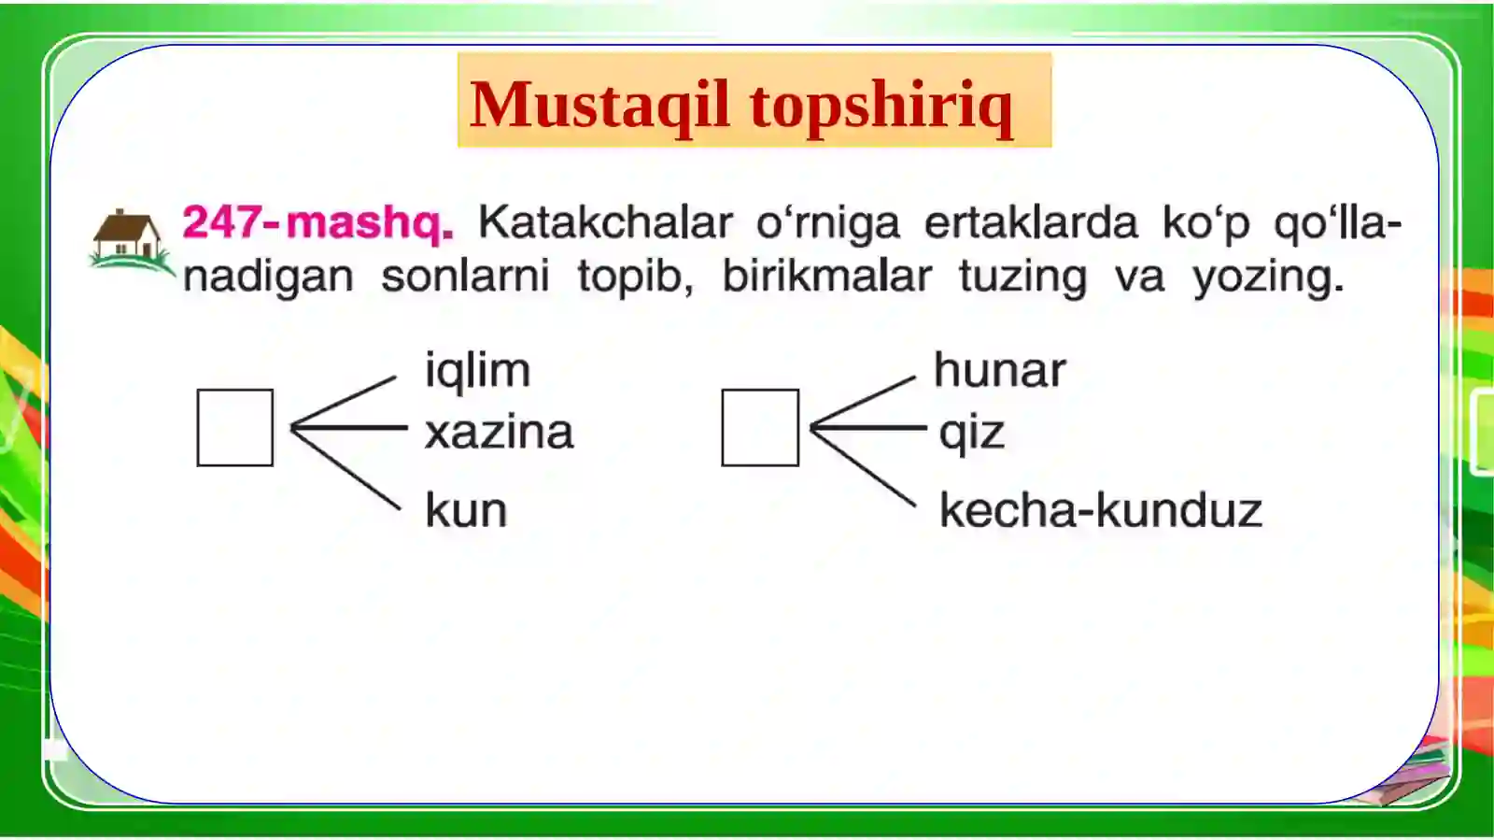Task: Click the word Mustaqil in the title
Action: (x=599, y=105)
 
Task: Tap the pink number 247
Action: (x=221, y=223)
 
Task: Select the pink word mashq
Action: (x=370, y=224)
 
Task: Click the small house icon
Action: (x=130, y=238)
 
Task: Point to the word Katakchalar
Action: (x=605, y=223)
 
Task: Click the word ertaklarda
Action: (x=1031, y=223)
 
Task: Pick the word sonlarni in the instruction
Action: (x=465, y=277)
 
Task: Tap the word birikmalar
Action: (x=826, y=277)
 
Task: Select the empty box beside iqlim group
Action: (x=235, y=428)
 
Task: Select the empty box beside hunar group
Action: (x=760, y=428)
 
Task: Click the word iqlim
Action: (x=477, y=371)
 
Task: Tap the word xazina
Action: (x=499, y=433)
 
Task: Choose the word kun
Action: (x=466, y=511)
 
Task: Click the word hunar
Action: (x=999, y=371)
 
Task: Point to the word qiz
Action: (x=971, y=434)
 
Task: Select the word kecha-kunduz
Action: (x=1100, y=511)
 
